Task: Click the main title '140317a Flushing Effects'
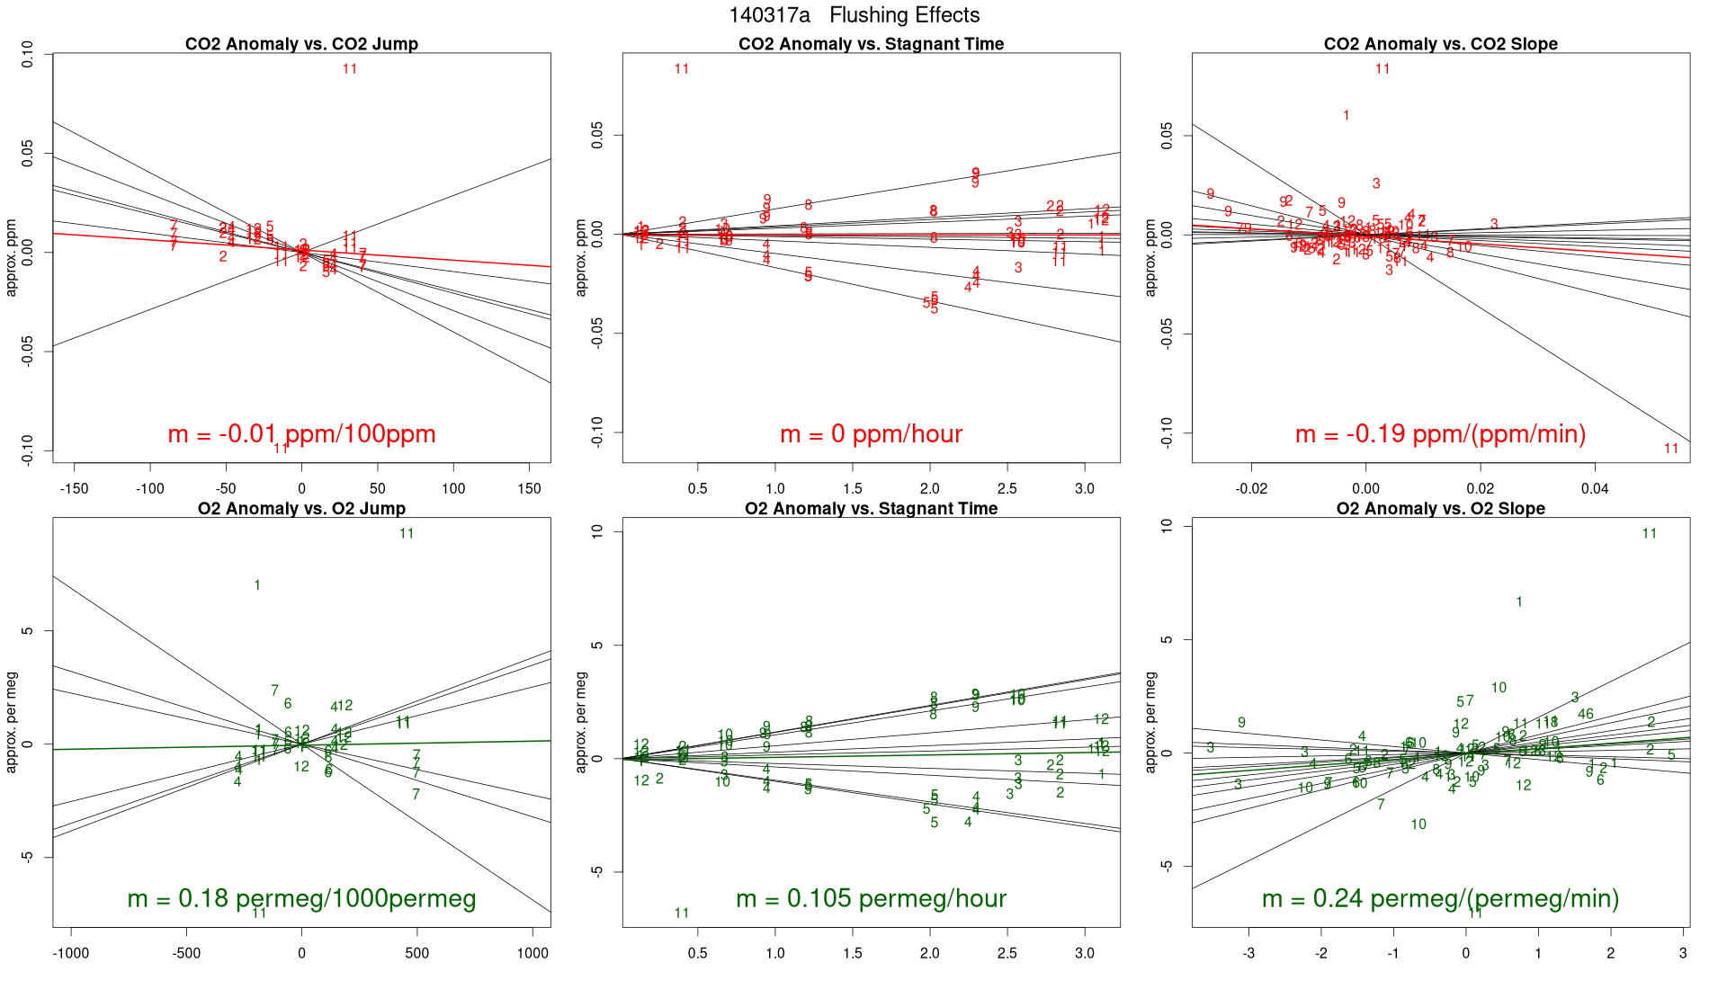pos(854,15)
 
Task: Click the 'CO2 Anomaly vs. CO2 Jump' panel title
pos(301,44)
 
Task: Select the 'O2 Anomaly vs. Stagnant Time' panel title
pos(871,509)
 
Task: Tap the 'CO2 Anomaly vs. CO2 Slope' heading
pos(1440,44)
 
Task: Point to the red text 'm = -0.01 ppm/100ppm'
pos(301,434)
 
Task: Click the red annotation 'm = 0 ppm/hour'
pos(871,434)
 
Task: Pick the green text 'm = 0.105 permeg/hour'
pos(871,898)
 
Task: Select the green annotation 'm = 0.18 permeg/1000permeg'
pos(301,898)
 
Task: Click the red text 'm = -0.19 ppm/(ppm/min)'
pos(1440,434)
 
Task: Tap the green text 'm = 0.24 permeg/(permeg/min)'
pos(1440,898)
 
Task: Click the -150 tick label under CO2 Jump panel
pos(74,489)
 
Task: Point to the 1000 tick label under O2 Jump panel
pos(532,953)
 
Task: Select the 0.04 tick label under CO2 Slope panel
pos(1595,489)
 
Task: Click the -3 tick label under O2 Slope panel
pos(1248,953)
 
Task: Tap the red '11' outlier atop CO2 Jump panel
pos(350,69)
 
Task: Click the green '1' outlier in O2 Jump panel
pos(257,585)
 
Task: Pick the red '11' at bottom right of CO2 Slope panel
pos(1671,449)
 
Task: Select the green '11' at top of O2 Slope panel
pos(1649,533)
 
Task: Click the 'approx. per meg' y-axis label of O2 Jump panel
pos(12,722)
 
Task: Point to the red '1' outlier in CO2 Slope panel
pos(1346,115)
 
